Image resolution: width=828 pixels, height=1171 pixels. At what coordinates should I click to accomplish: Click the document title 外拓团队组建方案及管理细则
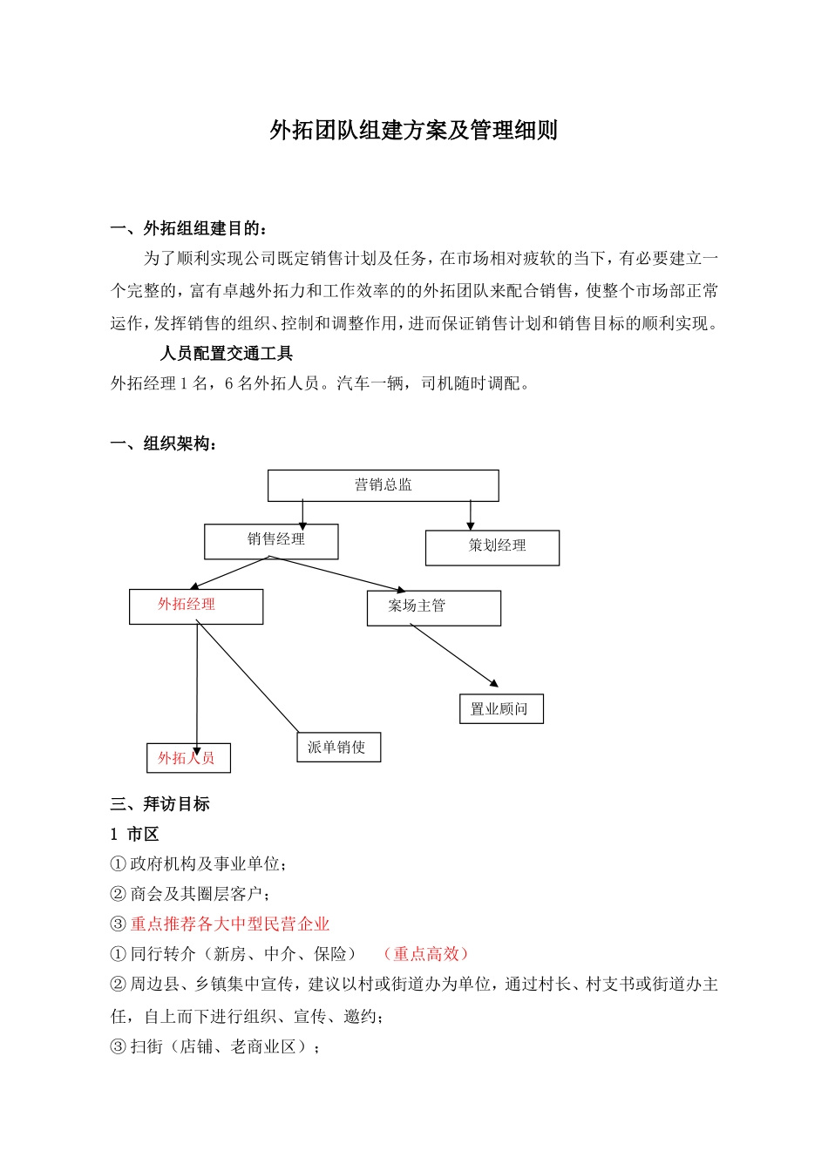pyautogui.click(x=413, y=131)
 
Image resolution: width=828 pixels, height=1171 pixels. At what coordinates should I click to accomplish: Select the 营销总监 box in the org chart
pyautogui.click(x=383, y=485)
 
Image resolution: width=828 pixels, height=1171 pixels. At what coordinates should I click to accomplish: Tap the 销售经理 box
pyautogui.click(x=271, y=541)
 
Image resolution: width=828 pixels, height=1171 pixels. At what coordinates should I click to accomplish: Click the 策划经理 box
pyautogui.click(x=492, y=547)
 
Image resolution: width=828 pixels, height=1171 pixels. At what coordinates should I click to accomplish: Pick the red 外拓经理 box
pyautogui.click(x=196, y=606)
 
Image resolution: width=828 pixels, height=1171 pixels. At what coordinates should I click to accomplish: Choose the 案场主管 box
pyautogui.click(x=433, y=608)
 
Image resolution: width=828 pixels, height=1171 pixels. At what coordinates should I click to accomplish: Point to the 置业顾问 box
pyautogui.click(x=500, y=709)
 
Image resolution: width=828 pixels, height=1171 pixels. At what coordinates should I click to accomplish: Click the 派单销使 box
pyautogui.click(x=338, y=748)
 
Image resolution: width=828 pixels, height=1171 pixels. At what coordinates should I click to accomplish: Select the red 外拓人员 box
pyautogui.click(x=188, y=758)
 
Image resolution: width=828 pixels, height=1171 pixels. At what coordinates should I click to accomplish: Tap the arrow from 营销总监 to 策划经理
pyautogui.click(x=471, y=515)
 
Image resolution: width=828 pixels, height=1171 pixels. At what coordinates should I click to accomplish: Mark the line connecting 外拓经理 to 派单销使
pyautogui.click(x=248, y=677)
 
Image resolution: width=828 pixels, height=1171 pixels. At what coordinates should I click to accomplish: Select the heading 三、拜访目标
pyautogui.click(x=160, y=804)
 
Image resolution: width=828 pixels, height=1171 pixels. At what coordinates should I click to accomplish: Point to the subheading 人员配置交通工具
pyautogui.click(x=227, y=353)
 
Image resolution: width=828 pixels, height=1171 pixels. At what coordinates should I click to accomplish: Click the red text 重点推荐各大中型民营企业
pyautogui.click(x=230, y=924)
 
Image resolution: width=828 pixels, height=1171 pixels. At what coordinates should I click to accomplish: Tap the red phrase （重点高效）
pyautogui.click(x=426, y=954)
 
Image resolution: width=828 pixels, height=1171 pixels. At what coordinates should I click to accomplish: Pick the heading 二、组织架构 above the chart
pyautogui.click(x=165, y=444)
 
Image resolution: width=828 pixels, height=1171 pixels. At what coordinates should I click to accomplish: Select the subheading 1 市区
pyautogui.click(x=135, y=835)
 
